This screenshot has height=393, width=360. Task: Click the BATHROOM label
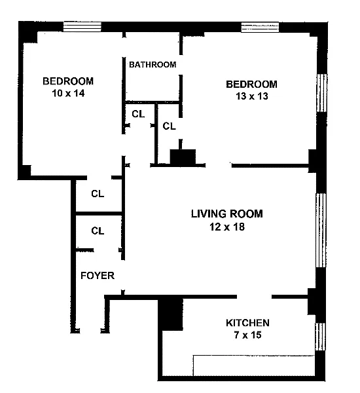pyautogui.click(x=153, y=65)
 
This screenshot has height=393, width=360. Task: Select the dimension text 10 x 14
pyautogui.click(x=68, y=94)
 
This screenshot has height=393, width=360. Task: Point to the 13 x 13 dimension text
pyautogui.click(x=252, y=96)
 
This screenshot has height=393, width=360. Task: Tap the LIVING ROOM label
pyautogui.click(x=227, y=214)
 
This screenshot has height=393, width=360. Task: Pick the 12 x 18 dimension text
pyautogui.click(x=227, y=227)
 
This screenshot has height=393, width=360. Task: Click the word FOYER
pyautogui.click(x=98, y=276)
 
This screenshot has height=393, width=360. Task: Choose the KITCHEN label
pyautogui.click(x=247, y=323)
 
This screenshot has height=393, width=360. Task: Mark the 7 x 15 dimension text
pyautogui.click(x=248, y=335)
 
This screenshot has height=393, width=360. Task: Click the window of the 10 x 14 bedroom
pyautogui.click(x=82, y=27)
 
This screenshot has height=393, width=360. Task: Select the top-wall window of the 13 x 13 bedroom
pyautogui.click(x=260, y=28)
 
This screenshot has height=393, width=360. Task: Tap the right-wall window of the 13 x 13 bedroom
pyautogui.click(x=322, y=93)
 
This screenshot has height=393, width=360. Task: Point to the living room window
pyautogui.click(x=321, y=230)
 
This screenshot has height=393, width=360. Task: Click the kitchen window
pyautogui.click(x=320, y=337)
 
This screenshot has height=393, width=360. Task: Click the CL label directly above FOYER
pyautogui.click(x=98, y=231)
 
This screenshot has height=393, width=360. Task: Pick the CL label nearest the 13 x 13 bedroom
pyautogui.click(x=169, y=126)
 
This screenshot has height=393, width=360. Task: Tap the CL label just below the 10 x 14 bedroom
pyautogui.click(x=98, y=194)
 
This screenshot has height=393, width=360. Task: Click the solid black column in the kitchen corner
pyautogui.click(x=171, y=313)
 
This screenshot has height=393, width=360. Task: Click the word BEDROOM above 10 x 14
pyautogui.click(x=68, y=81)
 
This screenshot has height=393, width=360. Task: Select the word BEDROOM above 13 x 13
pyautogui.click(x=252, y=84)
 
